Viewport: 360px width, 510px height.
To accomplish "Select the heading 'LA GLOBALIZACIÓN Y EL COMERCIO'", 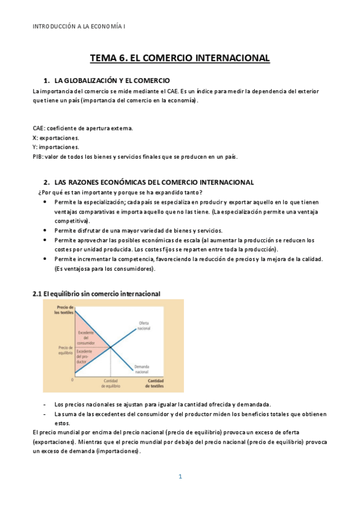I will (x=112, y=81).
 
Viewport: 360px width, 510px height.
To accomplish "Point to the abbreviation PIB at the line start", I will (x=37, y=157).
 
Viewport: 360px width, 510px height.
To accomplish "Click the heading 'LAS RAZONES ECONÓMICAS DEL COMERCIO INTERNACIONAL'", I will (x=154, y=182).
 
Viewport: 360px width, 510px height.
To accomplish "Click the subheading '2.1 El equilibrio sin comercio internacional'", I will (x=96, y=294).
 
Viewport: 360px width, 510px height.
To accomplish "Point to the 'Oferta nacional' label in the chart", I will (x=144, y=326).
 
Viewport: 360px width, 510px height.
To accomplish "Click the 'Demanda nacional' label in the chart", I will (x=142, y=369).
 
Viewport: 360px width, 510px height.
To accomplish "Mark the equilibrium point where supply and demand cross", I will (x=111, y=348).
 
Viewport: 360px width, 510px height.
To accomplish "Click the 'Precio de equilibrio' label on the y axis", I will (x=65, y=350).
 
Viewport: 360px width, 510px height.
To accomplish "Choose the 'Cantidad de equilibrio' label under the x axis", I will (x=111, y=384).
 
